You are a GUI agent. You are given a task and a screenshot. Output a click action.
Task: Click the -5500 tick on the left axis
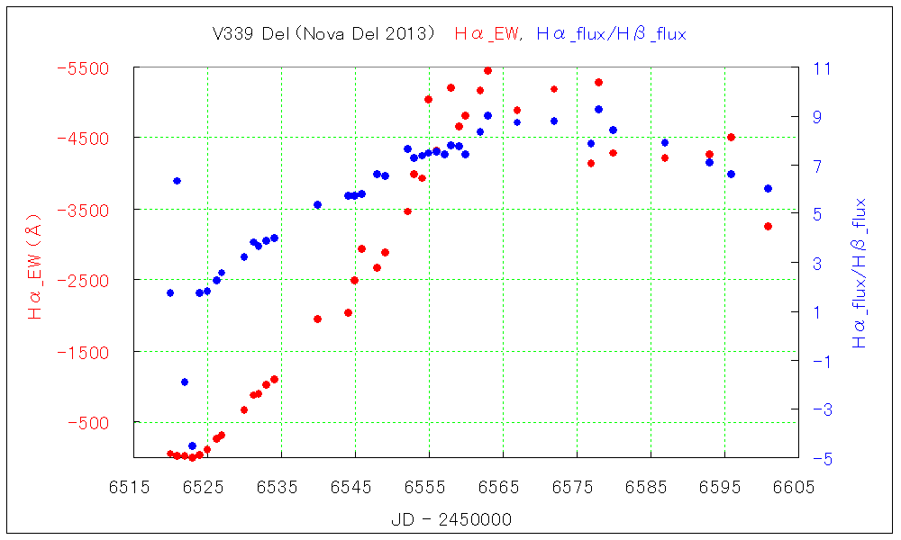point(83,68)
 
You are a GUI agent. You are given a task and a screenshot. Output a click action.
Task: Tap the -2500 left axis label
point(83,280)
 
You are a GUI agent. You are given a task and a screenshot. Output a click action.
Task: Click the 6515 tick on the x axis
point(132,487)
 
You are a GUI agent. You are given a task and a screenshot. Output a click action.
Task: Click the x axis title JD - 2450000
point(451,520)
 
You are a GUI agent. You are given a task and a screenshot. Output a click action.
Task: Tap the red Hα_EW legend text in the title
point(487,34)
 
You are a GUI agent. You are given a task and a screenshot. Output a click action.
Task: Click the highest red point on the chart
point(487,70)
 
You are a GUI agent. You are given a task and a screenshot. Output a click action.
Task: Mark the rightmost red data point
point(768,226)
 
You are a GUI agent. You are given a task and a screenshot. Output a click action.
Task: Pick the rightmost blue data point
point(768,188)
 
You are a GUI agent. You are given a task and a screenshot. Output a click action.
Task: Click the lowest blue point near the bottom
point(192,446)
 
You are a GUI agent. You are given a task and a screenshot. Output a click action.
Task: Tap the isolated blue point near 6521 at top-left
point(177,181)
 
